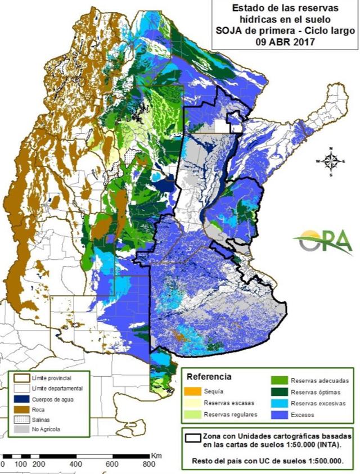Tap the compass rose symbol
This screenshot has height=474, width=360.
click(331, 161)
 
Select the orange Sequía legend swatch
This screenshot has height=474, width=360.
click(193, 391)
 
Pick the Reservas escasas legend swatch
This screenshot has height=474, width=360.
click(193, 403)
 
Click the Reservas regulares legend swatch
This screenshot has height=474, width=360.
click(193, 414)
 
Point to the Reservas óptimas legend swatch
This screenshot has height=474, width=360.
click(280, 391)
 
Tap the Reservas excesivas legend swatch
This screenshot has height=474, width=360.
click(280, 403)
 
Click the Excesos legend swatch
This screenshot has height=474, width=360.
click(280, 415)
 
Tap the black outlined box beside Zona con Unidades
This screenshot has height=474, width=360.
click(193, 437)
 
